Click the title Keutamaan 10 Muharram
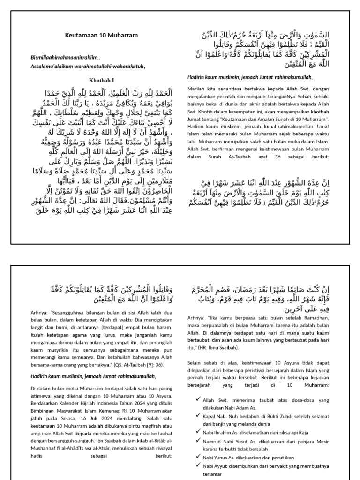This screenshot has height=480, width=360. pos(101,35)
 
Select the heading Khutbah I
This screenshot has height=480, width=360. pos(101,81)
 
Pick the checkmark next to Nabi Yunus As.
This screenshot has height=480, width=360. pos(198,457)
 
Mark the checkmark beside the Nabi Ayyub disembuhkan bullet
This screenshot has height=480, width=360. pos(198,465)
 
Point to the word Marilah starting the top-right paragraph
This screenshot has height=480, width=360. pos(196,88)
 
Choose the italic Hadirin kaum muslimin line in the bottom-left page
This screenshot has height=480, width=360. pos(93,376)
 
